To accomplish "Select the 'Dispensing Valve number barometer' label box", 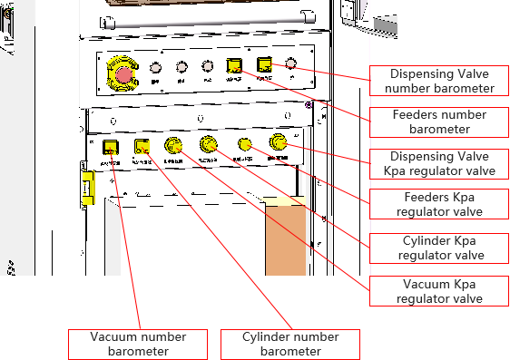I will coord(440,81).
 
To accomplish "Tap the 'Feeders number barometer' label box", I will coord(439,122).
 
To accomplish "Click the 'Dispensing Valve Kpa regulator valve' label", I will coord(440,164).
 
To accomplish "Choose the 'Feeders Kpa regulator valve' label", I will coord(440,204).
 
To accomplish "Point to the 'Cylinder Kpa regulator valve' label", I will coord(440,248).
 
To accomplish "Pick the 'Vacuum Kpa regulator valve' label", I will coord(440,290).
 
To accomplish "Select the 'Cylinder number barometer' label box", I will coord(290,344).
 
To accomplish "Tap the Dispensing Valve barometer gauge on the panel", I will coord(265,65).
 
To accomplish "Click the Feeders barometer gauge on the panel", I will coord(234,65).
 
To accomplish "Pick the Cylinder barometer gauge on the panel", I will coord(142,146).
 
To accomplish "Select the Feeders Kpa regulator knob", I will coord(244,143).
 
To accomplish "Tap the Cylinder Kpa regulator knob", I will coord(209,143).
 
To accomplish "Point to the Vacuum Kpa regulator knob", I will coord(173,145).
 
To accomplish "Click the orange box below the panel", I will coord(286,240).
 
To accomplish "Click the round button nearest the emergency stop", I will coord(155,67).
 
